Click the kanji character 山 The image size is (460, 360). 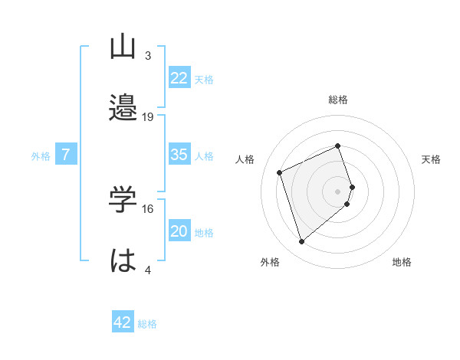(x=123, y=48)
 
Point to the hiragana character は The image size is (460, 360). (x=123, y=260)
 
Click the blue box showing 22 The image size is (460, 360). (x=179, y=78)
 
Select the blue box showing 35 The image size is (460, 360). (x=179, y=155)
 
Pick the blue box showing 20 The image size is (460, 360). (x=179, y=232)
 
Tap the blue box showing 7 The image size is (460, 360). (x=66, y=155)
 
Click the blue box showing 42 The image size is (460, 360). (x=123, y=322)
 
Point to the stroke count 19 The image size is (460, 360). (x=148, y=117)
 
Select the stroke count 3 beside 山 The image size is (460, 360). (x=148, y=56)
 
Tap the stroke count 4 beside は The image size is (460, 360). (x=148, y=270)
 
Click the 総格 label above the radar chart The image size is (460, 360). (x=338, y=100)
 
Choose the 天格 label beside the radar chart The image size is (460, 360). (x=432, y=159)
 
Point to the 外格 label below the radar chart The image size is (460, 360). (x=270, y=262)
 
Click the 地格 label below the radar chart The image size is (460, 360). (x=402, y=262)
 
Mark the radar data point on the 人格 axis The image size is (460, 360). (x=281, y=172)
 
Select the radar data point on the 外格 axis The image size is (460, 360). (x=302, y=242)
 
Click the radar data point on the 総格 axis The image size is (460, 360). (x=337, y=146)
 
